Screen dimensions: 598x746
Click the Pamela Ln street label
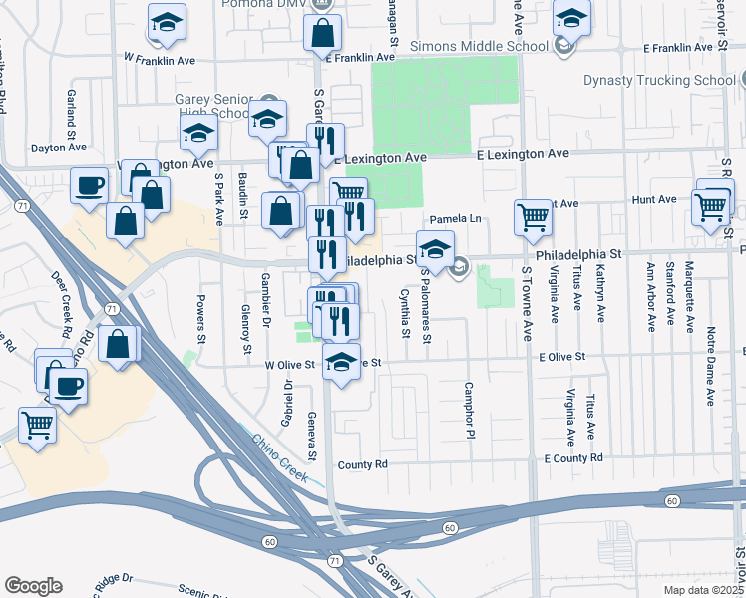pos(455,219)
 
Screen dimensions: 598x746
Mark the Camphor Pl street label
pos(467,410)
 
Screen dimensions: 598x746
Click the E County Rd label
pos(573,457)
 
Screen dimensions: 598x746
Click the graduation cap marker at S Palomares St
pos(435,248)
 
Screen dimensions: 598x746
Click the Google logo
pos(33,586)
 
